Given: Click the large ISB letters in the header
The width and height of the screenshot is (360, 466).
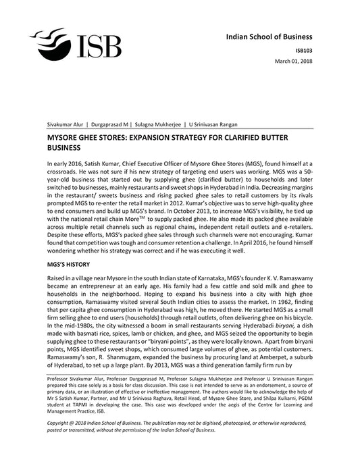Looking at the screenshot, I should (99, 46).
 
